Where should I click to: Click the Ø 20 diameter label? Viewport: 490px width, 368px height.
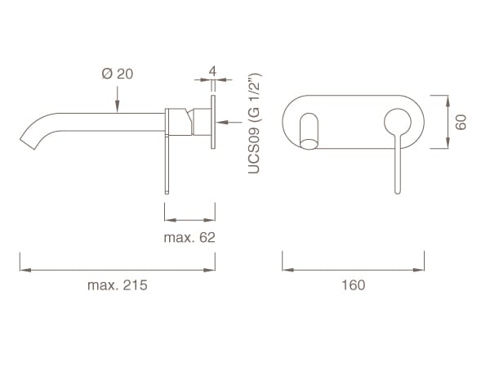coord(118,74)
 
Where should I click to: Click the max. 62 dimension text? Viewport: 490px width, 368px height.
coord(189,237)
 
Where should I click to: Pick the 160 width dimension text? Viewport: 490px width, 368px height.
coord(354,285)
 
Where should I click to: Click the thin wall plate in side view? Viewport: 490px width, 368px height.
coord(214,123)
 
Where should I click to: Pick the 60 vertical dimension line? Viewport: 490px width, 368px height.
coord(448,122)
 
